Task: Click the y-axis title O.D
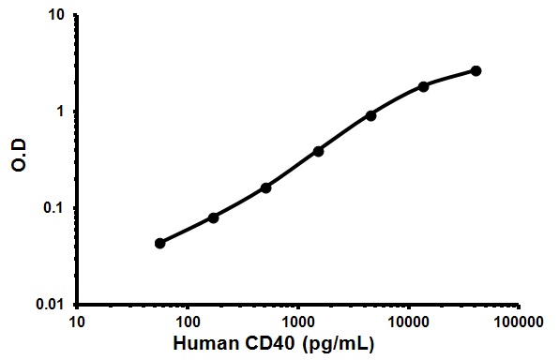click(x=19, y=160)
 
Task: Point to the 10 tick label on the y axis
click(x=57, y=16)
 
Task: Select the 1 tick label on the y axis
click(x=61, y=112)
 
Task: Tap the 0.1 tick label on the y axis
click(x=54, y=208)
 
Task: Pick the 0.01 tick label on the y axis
click(x=51, y=305)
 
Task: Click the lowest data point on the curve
click(x=160, y=243)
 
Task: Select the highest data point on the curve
click(x=476, y=70)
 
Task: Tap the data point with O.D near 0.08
click(x=213, y=217)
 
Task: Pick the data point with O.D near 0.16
click(x=265, y=187)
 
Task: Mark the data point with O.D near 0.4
click(x=318, y=150)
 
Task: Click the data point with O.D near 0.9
click(x=370, y=115)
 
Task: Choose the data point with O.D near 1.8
click(x=423, y=86)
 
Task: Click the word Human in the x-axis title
click(x=229, y=344)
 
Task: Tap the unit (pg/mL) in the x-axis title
click(x=351, y=344)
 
